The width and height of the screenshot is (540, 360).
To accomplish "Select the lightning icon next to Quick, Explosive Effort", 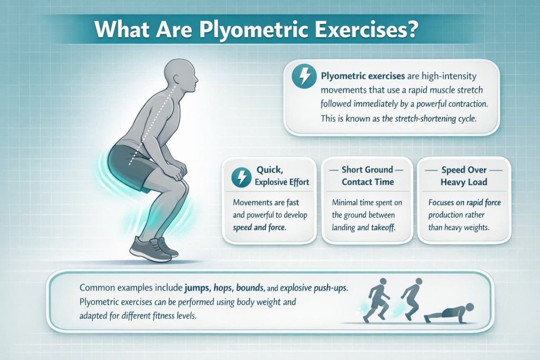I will click(x=240, y=177).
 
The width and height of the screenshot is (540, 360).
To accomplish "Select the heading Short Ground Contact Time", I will click(x=367, y=176).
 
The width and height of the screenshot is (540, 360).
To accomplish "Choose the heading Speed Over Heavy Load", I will click(x=464, y=176).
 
